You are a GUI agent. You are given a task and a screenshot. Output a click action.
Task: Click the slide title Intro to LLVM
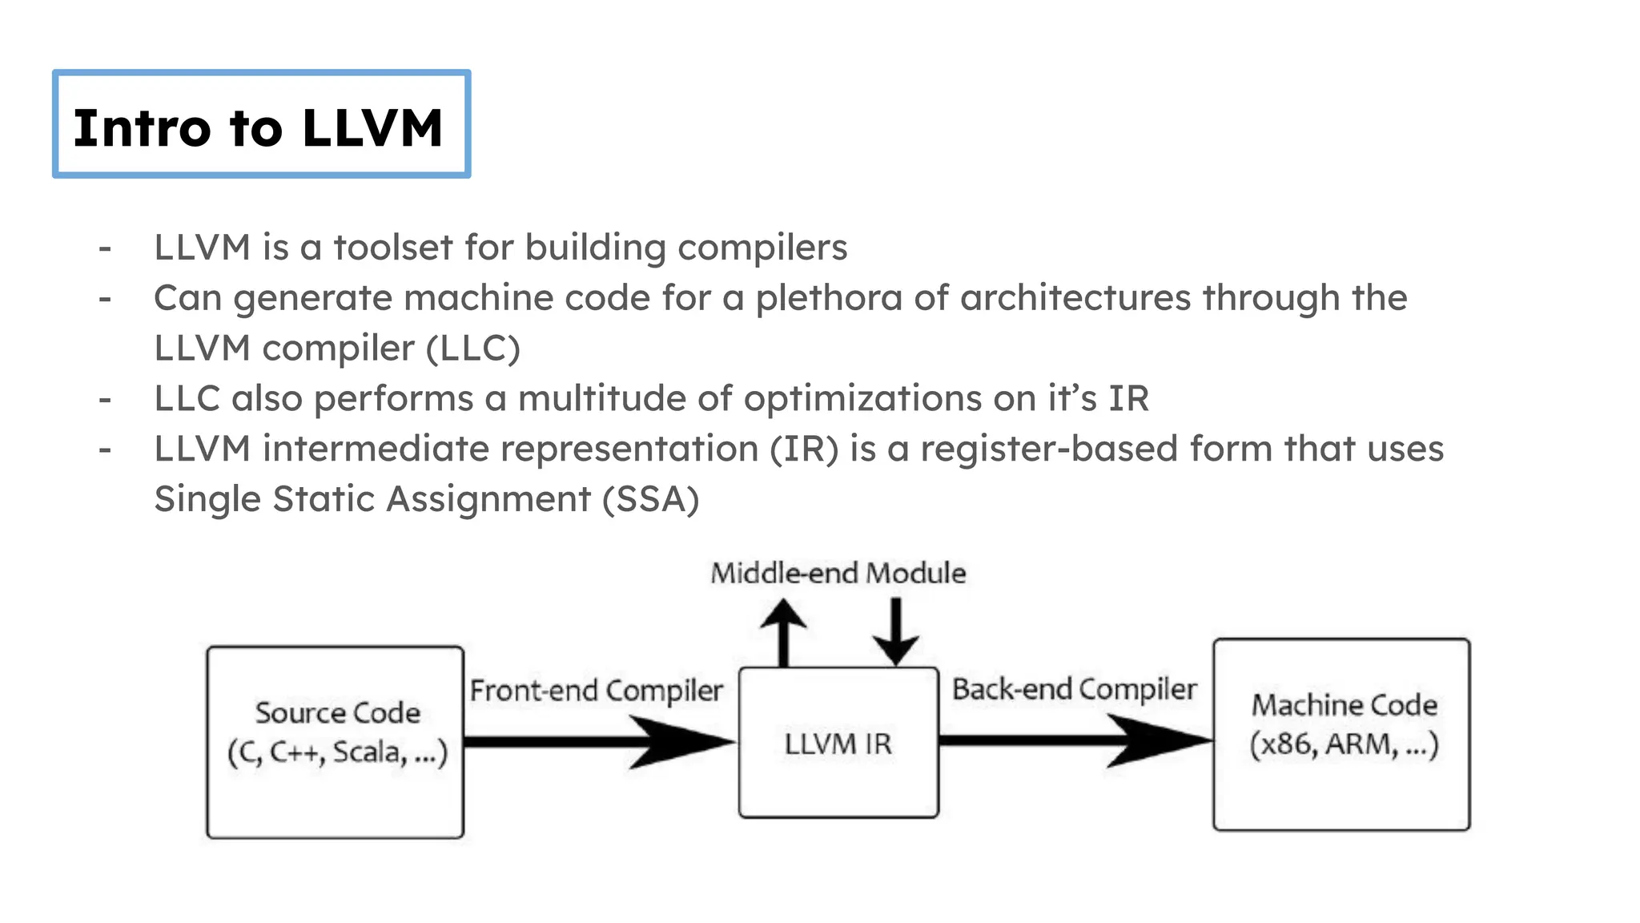(x=258, y=127)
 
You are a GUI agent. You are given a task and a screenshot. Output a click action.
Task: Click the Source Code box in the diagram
(x=336, y=741)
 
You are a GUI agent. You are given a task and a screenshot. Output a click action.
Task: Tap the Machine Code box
(x=1342, y=733)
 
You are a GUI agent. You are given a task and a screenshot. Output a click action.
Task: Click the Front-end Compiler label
(x=596, y=691)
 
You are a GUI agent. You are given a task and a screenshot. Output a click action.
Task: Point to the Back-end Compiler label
(x=1074, y=689)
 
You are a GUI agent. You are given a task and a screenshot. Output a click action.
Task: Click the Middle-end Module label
(x=838, y=574)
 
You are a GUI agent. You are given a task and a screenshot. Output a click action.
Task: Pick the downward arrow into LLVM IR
(x=895, y=631)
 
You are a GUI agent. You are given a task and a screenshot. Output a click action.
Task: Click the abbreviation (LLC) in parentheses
(x=473, y=349)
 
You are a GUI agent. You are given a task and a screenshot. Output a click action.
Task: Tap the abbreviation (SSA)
(x=650, y=499)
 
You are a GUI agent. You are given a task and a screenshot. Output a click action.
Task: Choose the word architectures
(x=1075, y=298)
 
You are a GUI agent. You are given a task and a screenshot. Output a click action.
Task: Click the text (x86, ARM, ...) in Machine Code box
(x=1344, y=745)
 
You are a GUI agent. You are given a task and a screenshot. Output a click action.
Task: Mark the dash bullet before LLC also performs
(x=105, y=399)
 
